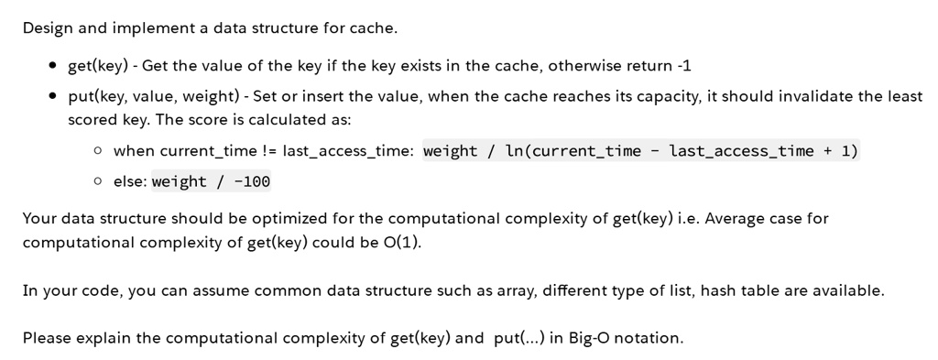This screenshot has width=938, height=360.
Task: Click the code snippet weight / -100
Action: point(211,181)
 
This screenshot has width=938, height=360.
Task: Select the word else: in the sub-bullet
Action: point(130,181)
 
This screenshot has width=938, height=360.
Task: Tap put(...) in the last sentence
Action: point(518,338)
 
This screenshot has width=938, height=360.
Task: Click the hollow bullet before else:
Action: point(98,181)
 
